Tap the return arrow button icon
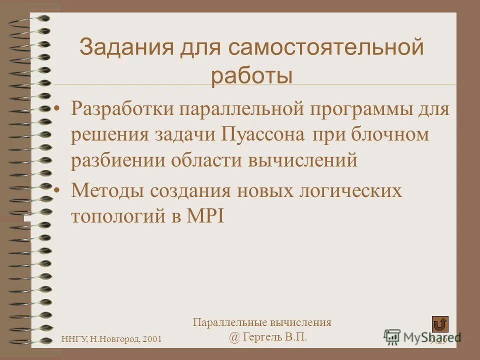440,324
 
